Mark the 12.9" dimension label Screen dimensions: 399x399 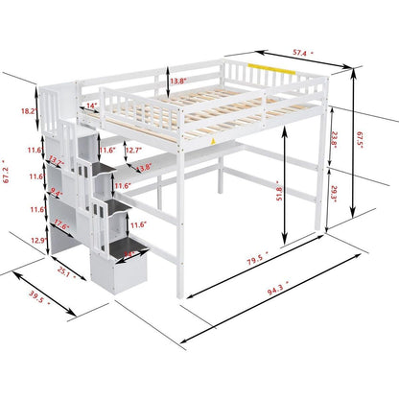[38, 240]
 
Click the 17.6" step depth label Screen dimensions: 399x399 [62, 226]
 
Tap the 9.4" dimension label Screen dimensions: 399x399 [57, 195]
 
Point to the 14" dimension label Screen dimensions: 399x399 [92, 106]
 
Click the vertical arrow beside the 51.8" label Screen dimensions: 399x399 [287, 198]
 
